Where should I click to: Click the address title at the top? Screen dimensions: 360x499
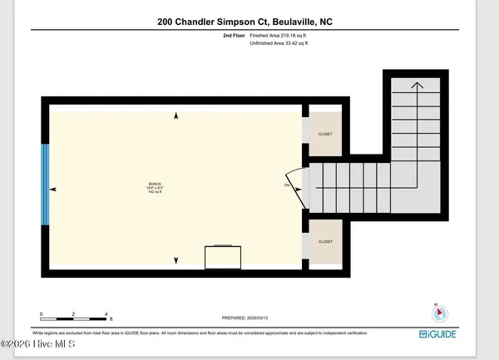(249, 24)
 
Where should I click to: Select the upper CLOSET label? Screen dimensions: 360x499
(324, 133)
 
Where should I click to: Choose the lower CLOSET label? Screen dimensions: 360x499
(324, 242)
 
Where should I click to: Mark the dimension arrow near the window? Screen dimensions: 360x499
(55, 190)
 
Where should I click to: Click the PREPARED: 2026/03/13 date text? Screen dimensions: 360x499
(246, 318)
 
